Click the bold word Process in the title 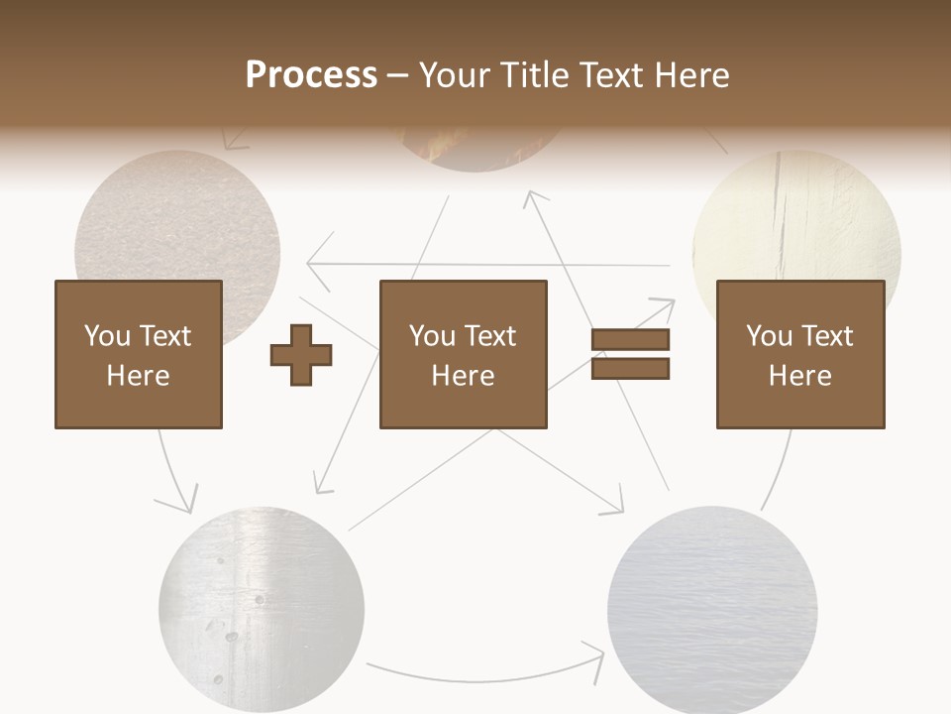pyautogui.click(x=311, y=74)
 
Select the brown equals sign pyautogui.click(x=630, y=354)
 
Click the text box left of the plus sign pyautogui.click(x=138, y=354)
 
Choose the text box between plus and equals pyautogui.click(x=463, y=354)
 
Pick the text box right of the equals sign pyautogui.click(x=799, y=354)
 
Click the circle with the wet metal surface pyautogui.click(x=262, y=609)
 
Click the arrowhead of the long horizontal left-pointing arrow pyautogui.click(x=312, y=264)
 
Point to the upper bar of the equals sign pyautogui.click(x=630, y=340)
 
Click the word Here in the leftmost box pyautogui.click(x=138, y=376)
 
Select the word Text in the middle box pyautogui.click(x=489, y=336)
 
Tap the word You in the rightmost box pyautogui.click(x=769, y=336)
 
